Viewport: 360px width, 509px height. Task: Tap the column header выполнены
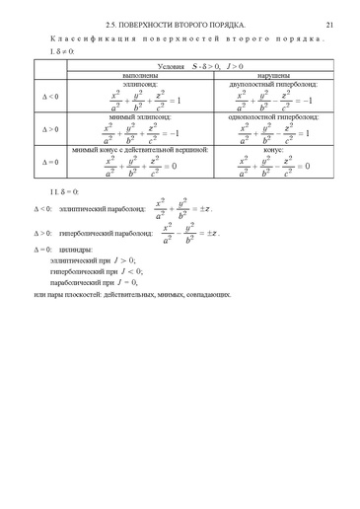pyautogui.click(x=140, y=74)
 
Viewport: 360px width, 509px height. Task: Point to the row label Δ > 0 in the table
pyautogui.click(x=47, y=129)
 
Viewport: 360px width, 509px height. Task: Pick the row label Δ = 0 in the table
pyautogui.click(x=47, y=163)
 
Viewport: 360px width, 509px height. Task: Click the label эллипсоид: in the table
pyautogui.click(x=140, y=84)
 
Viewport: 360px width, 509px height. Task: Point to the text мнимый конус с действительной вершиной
pyautogui.click(x=140, y=150)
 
